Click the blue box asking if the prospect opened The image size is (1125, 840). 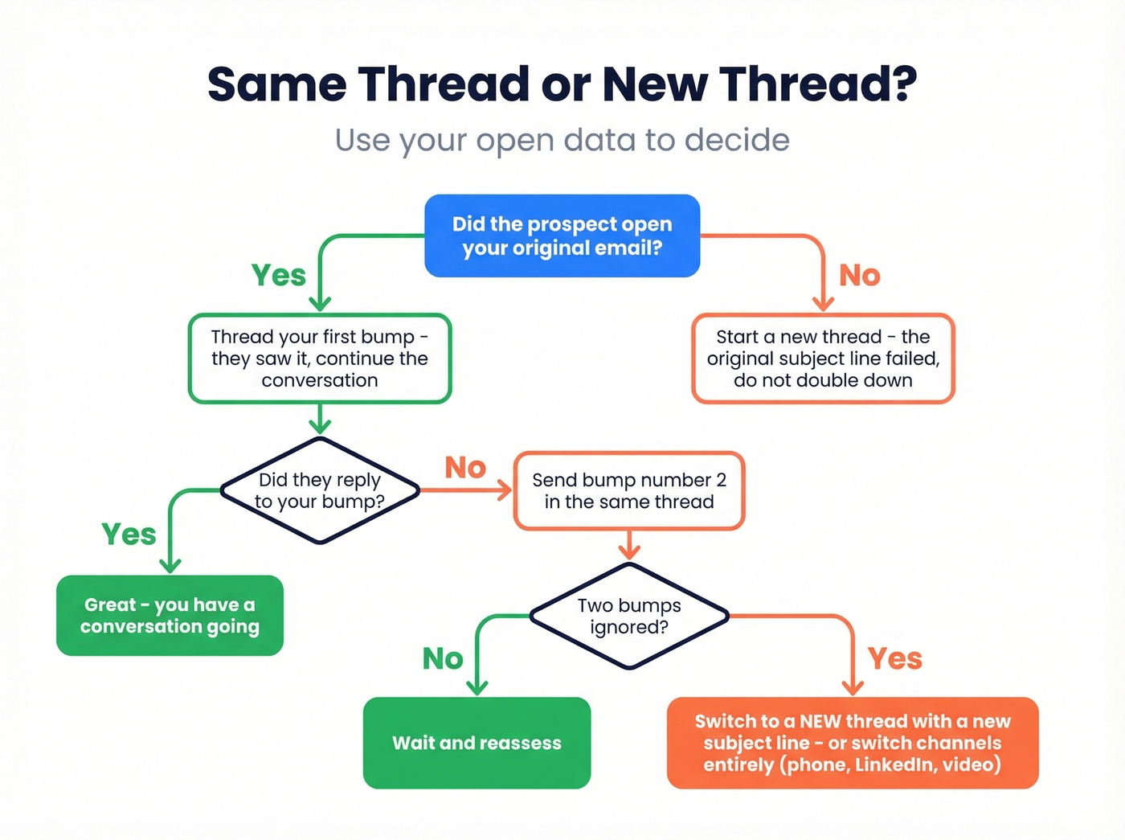tap(562, 236)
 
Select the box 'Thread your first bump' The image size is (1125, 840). tap(320, 359)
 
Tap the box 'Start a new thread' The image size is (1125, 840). tap(823, 359)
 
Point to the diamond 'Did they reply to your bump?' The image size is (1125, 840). tap(320, 490)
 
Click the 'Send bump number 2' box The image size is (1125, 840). tap(628, 490)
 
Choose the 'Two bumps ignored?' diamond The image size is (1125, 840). tap(629, 616)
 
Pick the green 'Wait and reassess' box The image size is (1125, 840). tap(477, 743)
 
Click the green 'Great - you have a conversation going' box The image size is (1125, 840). tap(170, 616)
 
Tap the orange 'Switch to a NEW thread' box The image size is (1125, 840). tap(852, 743)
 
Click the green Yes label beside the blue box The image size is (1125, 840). tap(279, 275)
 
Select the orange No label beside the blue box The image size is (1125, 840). tap(860, 276)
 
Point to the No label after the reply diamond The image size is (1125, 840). tap(465, 467)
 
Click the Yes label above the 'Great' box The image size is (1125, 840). tap(129, 534)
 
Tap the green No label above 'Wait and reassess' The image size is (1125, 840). tap(443, 659)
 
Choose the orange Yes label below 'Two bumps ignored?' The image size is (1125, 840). tap(895, 659)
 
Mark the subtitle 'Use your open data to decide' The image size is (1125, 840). tap(562, 140)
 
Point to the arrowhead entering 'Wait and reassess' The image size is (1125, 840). tap(477, 688)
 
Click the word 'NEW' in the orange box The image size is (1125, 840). tap(820, 721)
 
